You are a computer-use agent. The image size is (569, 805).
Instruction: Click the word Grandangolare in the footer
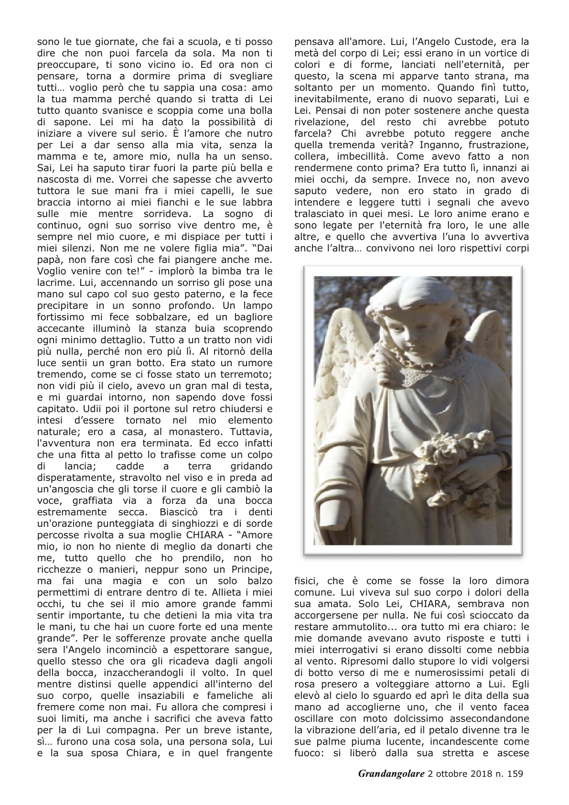click(390, 787)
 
